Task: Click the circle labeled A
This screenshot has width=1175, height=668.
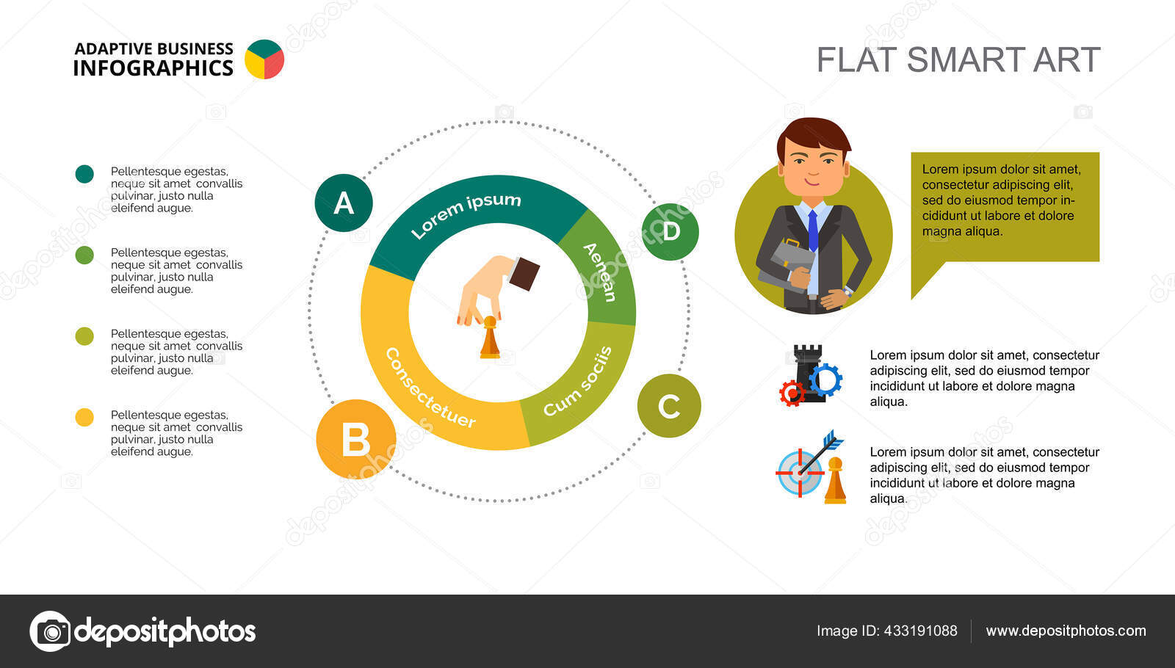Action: (344, 203)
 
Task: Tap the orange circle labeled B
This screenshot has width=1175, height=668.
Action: (356, 440)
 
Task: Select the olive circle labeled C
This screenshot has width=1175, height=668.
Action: (669, 406)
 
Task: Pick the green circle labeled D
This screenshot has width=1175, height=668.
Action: (670, 232)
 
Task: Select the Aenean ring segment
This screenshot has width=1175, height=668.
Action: (603, 267)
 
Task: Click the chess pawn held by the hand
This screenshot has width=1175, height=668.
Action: (490, 338)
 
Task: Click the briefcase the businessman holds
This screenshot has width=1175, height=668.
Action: (787, 265)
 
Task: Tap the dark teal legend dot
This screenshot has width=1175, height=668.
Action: (84, 174)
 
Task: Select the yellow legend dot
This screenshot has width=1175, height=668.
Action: (84, 418)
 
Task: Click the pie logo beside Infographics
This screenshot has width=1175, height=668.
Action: (264, 59)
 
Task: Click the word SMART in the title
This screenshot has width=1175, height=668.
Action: (965, 59)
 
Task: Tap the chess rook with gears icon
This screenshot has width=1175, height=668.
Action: (811, 375)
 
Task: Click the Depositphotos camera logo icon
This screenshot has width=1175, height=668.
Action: (51, 631)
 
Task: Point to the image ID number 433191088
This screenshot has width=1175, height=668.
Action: (921, 631)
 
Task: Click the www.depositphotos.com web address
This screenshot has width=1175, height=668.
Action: (1066, 631)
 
